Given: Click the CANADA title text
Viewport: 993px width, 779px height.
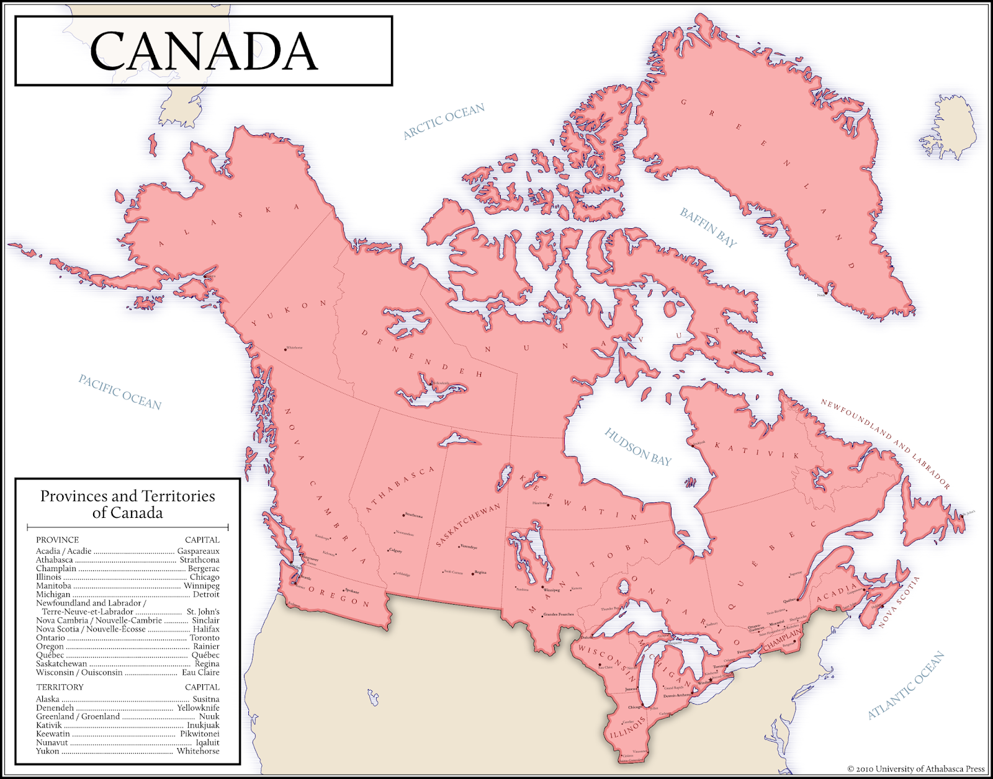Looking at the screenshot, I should pyautogui.click(x=204, y=51).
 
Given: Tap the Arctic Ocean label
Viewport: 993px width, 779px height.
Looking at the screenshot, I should pyautogui.click(x=444, y=122).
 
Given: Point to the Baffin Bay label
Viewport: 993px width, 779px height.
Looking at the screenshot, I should pyautogui.click(x=708, y=228).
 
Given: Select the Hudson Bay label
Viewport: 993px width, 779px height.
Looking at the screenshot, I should pyautogui.click(x=638, y=447).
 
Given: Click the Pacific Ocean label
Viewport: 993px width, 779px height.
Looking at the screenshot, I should pyautogui.click(x=120, y=392).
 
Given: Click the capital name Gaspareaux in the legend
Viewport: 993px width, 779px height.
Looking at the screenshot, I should pyautogui.click(x=198, y=551).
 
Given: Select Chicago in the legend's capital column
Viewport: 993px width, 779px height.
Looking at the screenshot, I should pyautogui.click(x=204, y=577).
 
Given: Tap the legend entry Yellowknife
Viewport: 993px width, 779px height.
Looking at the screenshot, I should pyautogui.click(x=198, y=708).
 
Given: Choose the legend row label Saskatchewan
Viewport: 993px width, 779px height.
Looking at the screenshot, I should pyautogui.click(x=61, y=664).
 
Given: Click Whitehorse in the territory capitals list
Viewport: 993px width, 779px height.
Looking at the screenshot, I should pyautogui.click(x=198, y=751).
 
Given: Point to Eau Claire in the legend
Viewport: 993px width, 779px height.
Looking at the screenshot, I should pyautogui.click(x=200, y=672).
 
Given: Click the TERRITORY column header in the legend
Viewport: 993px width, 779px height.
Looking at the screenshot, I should pyautogui.click(x=60, y=687).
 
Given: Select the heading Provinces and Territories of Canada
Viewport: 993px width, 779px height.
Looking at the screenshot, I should pyautogui.click(x=128, y=504).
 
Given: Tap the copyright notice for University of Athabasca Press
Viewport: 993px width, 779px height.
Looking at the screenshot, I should pyautogui.click(x=916, y=769).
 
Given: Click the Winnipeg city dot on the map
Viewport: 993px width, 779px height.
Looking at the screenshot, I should pyautogui.click(x=542, y=587).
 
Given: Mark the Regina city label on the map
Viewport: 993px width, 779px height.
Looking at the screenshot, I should pyautogui.click(x=480, y=572).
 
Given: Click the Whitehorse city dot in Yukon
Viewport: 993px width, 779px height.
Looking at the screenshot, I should pyautogui.click(x=285, y=349).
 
